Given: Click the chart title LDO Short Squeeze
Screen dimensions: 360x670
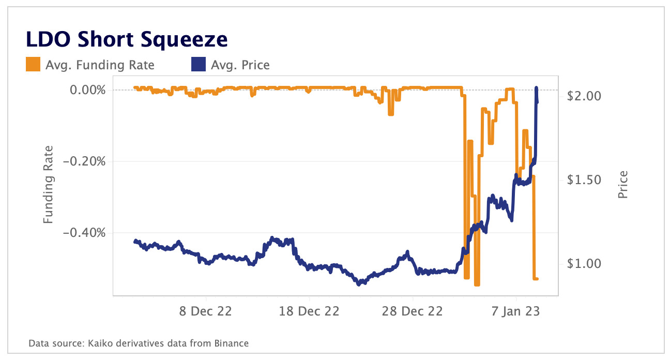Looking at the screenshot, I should coord(127,40).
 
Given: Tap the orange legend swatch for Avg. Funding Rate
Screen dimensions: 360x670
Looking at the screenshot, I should coord(32,65).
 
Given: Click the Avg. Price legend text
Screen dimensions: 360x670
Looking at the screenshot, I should coord(240,65).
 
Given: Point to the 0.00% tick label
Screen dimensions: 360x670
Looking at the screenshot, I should coord(88,90).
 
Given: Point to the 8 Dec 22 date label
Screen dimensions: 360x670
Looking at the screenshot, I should coord(206,312).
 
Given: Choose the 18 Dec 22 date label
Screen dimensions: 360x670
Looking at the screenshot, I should coord(310,312).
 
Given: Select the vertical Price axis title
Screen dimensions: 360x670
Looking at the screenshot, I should coord(623,185).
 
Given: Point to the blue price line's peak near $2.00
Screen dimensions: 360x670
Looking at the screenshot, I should coord(536,88).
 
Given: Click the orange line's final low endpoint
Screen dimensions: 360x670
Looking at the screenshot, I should coord(538,279).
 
